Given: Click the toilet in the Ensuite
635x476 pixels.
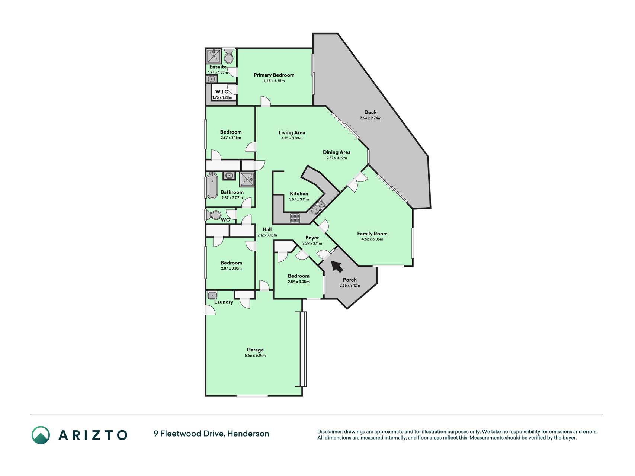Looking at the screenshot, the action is click(229, 55).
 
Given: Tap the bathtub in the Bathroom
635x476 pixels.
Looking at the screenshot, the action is click(212, 186).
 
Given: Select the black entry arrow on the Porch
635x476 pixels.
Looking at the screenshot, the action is click(337, 266).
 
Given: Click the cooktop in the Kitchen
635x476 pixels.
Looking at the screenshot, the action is click(295, 218).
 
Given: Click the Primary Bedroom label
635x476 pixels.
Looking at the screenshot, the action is click(274, 75).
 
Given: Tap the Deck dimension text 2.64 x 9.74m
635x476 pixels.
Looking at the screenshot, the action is click(371, 118).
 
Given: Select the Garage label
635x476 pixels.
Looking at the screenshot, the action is click(255, 350).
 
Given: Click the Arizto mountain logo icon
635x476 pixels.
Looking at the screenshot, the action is click(41, 435).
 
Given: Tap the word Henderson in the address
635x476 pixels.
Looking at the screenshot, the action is click(248, 434).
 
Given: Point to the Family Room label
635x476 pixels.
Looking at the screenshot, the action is click(372, 234).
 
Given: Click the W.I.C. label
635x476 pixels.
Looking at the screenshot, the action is click(222, 92).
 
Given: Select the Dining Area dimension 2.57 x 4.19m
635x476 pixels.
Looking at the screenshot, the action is click(337, 158).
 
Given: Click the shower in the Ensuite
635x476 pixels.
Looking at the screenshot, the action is click(214, 56).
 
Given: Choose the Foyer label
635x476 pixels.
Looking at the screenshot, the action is click(312, 238).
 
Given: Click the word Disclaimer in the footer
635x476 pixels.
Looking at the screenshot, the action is click(330, 432).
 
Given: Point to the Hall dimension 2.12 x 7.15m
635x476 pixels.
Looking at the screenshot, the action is click(267, 235).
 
